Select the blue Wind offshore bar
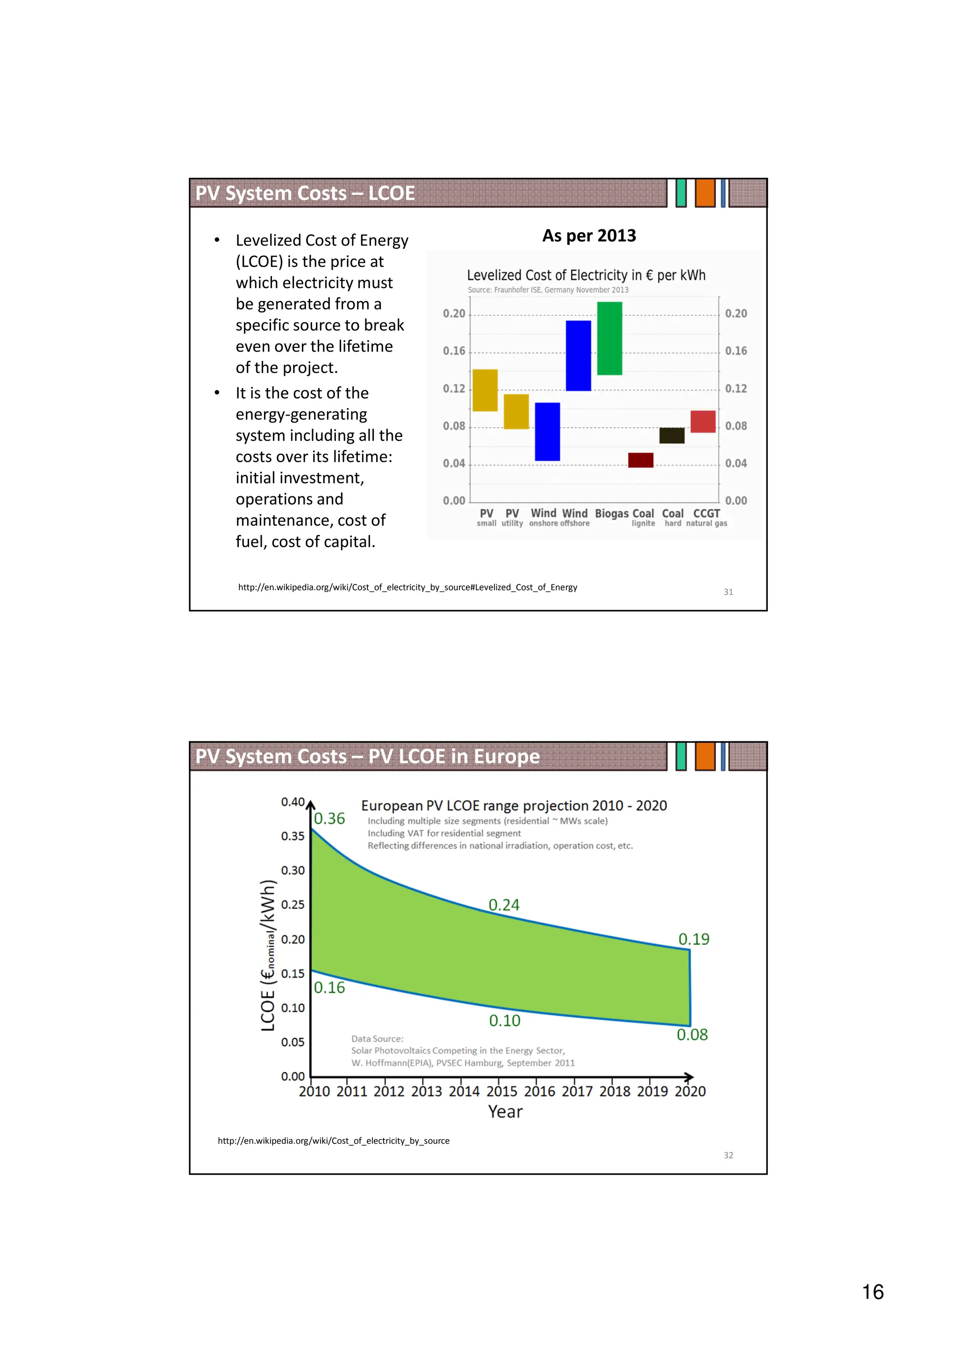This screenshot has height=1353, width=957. pos(578,355)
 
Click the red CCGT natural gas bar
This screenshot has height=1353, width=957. pos(703,421)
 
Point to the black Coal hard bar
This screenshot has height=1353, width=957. pos(671,436)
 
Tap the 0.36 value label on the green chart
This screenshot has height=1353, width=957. pos(329,818)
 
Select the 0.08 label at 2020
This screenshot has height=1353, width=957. pos(692,1034)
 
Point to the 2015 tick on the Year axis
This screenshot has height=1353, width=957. pos(502,1092)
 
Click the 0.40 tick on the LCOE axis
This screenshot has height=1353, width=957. pos(293,802)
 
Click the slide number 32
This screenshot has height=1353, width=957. pos(728,1155)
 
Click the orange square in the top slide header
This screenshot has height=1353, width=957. pos(705,193)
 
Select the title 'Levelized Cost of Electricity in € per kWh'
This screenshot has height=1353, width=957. pos(586,275)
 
